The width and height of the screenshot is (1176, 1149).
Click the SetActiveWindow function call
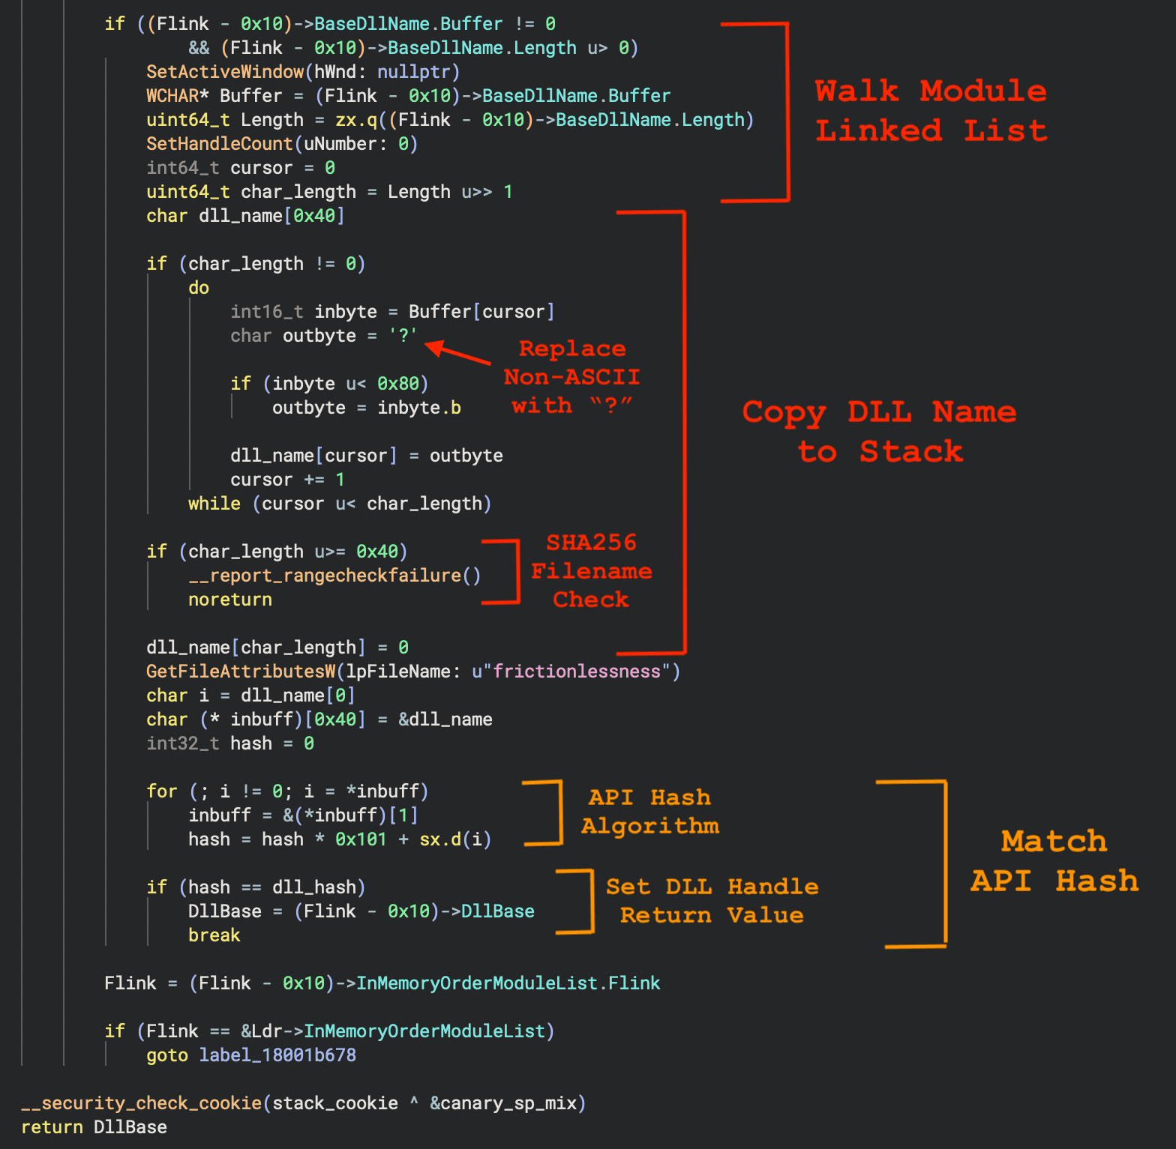225,72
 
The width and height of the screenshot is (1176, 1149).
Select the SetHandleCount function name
219,144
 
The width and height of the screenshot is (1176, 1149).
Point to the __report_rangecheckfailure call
334,576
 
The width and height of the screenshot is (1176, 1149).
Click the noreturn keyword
229,600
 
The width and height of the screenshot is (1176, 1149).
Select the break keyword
214,935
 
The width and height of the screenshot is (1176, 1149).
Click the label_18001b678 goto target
277,1055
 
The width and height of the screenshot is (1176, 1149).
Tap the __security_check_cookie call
141,1103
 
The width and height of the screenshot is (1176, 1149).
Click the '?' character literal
403,335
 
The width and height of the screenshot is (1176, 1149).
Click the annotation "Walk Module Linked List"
931,111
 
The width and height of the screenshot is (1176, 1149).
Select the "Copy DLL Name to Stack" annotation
880,432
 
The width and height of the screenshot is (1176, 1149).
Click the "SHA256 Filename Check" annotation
591,570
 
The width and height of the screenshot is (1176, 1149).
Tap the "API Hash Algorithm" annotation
649,811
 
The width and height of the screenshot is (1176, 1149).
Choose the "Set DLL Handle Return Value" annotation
712,900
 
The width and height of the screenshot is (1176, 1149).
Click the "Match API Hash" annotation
1054,861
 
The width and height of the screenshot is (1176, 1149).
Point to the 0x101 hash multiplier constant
361,839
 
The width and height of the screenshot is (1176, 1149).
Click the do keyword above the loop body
199,288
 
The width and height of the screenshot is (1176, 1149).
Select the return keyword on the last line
52,1127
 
